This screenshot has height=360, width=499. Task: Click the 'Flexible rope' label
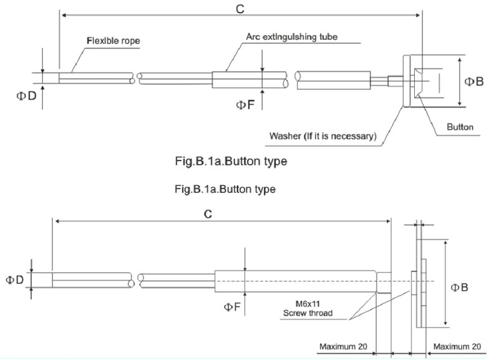point(113,42)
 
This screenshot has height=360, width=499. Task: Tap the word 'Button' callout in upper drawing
point(460,127)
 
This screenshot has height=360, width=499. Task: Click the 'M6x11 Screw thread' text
point(308,309)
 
